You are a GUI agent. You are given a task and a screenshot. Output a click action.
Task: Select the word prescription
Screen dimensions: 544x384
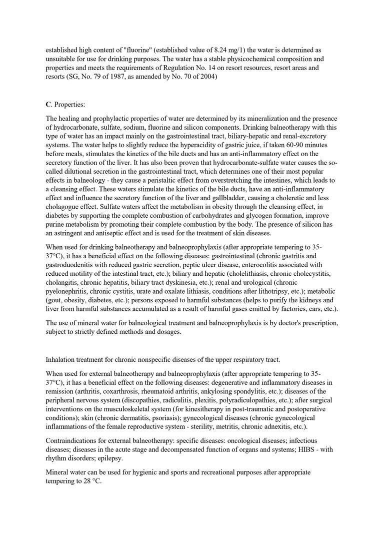click(316, 323)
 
